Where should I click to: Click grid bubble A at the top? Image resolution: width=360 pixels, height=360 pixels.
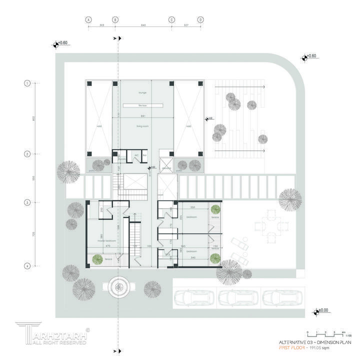point(88,19)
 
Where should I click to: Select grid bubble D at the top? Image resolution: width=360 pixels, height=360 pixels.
point(200,19)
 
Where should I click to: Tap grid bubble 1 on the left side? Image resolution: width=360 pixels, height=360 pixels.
point(27,83)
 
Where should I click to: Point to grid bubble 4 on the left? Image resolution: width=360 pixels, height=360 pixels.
point(27,266)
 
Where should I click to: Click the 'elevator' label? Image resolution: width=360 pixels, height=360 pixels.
point(166,169)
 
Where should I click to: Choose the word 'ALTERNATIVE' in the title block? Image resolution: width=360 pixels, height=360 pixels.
point(292,342)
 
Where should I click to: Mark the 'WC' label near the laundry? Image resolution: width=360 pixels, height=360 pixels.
point(135,155)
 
